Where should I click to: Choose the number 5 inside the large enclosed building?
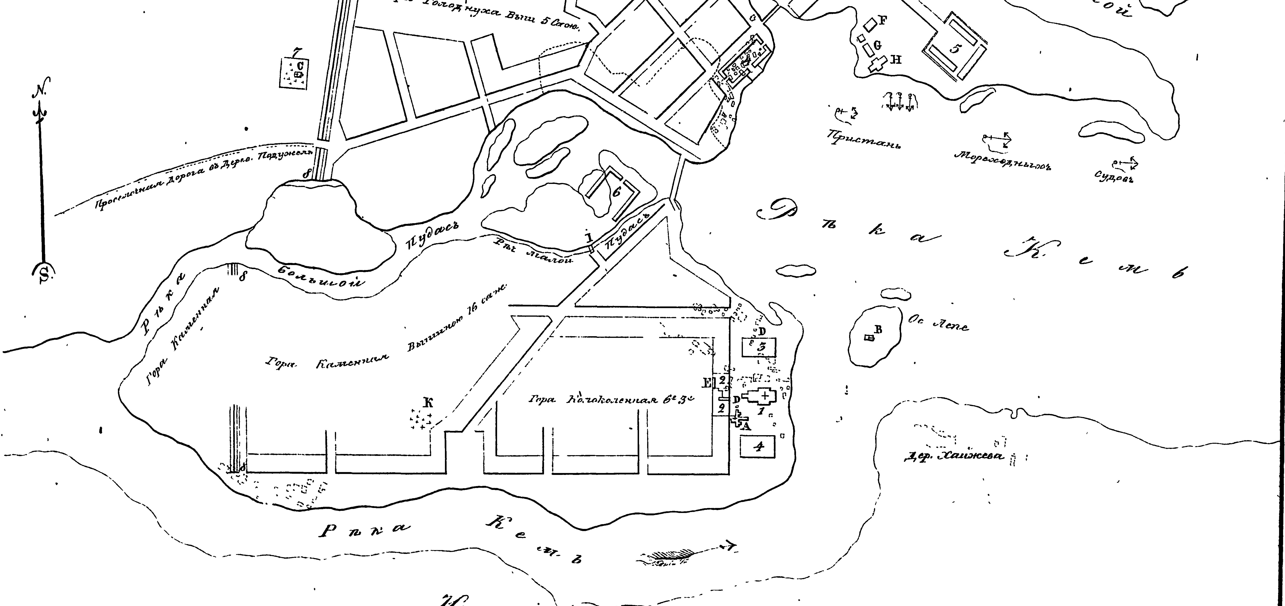955,48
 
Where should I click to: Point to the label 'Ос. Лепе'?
938,324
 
